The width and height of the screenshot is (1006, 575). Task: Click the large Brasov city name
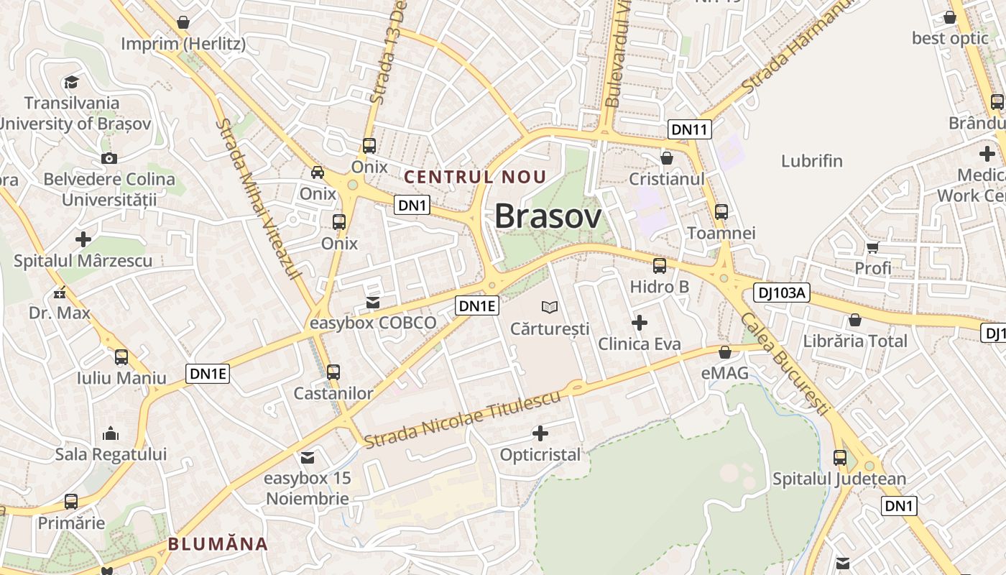[x=548, y=216]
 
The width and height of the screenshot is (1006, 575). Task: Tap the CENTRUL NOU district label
[x=475, y=177]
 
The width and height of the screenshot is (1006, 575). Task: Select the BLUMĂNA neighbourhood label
[x=218, y=544]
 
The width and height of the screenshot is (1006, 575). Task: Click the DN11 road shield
[x=690, y=129]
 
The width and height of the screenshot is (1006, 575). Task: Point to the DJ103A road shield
[x=782, y=293]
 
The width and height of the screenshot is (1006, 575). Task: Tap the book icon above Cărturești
[x=550, y=308]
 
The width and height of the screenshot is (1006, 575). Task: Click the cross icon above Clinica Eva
[x=639, y=323]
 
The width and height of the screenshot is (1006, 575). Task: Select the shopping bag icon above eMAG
[x=725, y=352]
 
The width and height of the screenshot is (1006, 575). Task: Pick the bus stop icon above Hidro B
[x=659, y=266]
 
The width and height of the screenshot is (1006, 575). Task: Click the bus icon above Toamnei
[x=721, y=212]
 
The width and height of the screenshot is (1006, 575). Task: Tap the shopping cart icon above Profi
[x=872, y=248]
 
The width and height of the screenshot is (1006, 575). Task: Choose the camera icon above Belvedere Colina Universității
[x=109, y=158]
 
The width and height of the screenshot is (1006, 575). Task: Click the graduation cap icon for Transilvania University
[x=71, y=82]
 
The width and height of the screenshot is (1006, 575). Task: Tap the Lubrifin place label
[x=812, y=160]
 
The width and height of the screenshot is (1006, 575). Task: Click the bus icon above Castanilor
[x=333, y=372]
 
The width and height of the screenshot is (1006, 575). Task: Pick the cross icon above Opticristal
[x=540, y=433]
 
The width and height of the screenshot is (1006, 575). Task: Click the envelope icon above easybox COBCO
[x=373, y=303]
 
